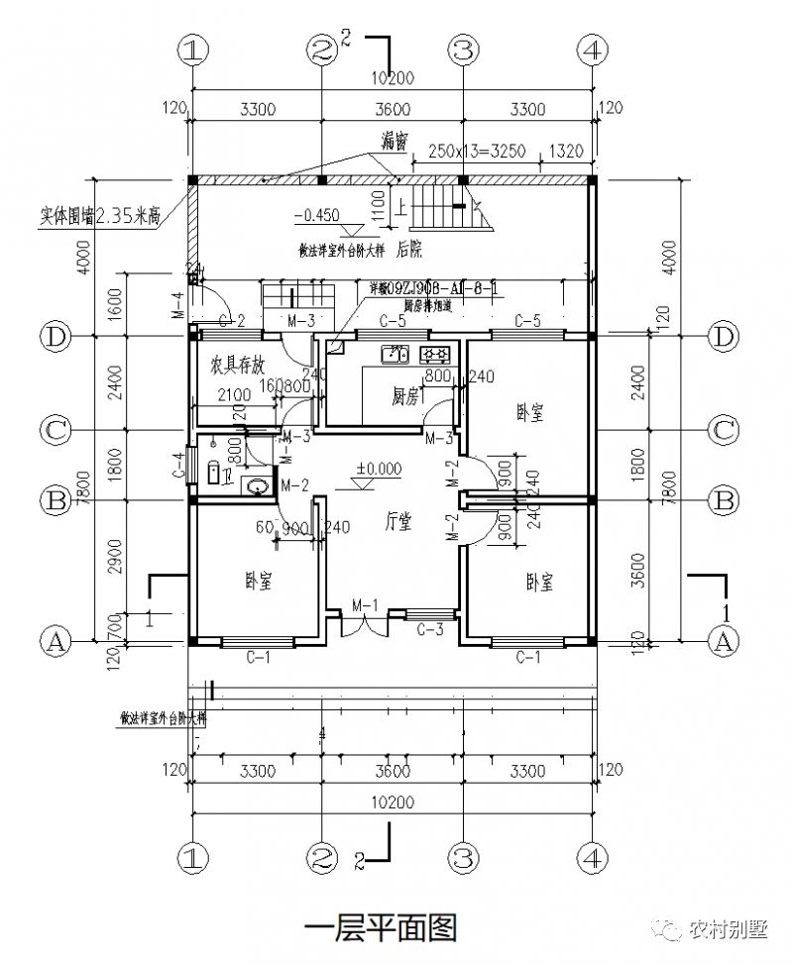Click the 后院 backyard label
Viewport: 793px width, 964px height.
[410, 249]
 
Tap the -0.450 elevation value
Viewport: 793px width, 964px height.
[316, 213]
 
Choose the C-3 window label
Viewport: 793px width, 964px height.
[430, 629]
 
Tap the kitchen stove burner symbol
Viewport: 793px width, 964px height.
[436, 353]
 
